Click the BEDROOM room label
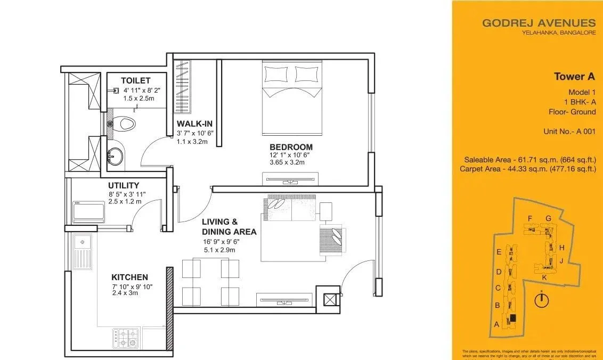(x=291, y=147)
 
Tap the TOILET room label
(x=135, y=80)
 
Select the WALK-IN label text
(x=194, y=124)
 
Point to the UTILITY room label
(x=124, y=185)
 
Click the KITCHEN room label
(x=129, y=277)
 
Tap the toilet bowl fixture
(x=125, y=124)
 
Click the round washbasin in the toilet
(x=114, y=157)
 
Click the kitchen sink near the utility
(x=83, y=252)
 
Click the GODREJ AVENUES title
(x=539, y=23)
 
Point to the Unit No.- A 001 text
(x=569, y=131)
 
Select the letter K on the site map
(x=544, y=277)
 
